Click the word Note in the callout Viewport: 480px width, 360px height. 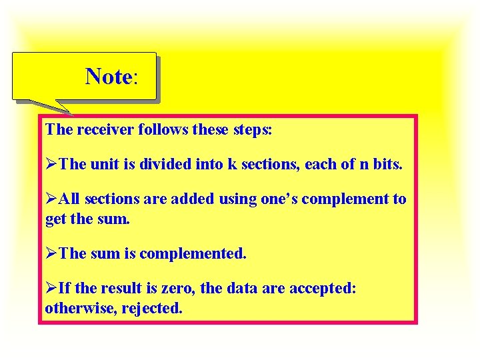point(109,77)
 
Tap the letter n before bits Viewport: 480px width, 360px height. point(363,164)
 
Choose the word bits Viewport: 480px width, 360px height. point(387,164)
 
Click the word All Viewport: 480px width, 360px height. point(69,199)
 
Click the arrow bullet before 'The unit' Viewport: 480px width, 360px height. point(51,164)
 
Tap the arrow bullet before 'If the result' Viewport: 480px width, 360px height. point(51,289)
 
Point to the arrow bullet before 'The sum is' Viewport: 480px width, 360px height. point(51,254)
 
